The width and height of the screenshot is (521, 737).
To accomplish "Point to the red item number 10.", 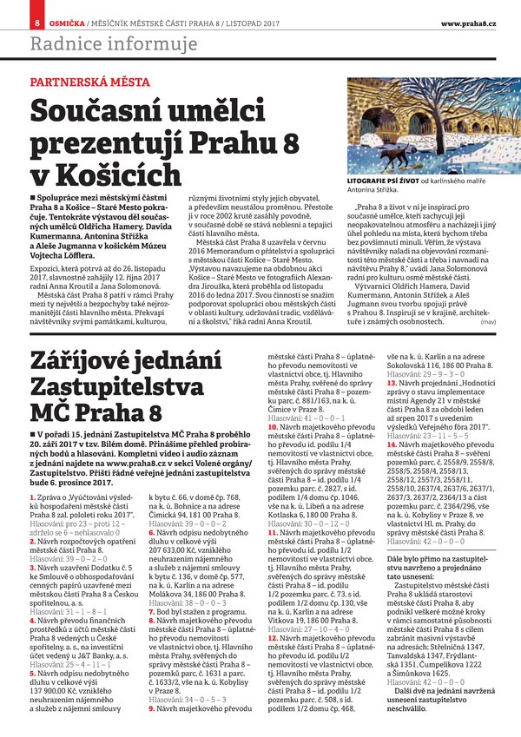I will (x=273, y=403).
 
